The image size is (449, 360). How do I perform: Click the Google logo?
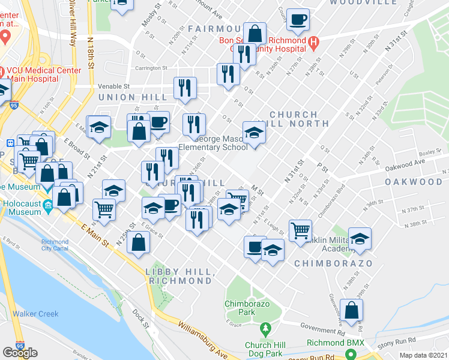point(20,353)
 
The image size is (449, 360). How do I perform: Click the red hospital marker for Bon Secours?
point(313,43)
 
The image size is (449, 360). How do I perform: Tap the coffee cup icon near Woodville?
point(298,20)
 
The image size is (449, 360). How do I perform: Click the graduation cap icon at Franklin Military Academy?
point(360,239)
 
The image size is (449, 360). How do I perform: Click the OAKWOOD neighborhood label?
point(414,181)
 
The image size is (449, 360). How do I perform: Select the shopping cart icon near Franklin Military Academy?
point(300,230)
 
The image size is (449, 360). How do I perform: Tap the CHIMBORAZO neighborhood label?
point(334,263)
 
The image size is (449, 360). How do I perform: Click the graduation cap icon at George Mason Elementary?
point(254,133)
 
